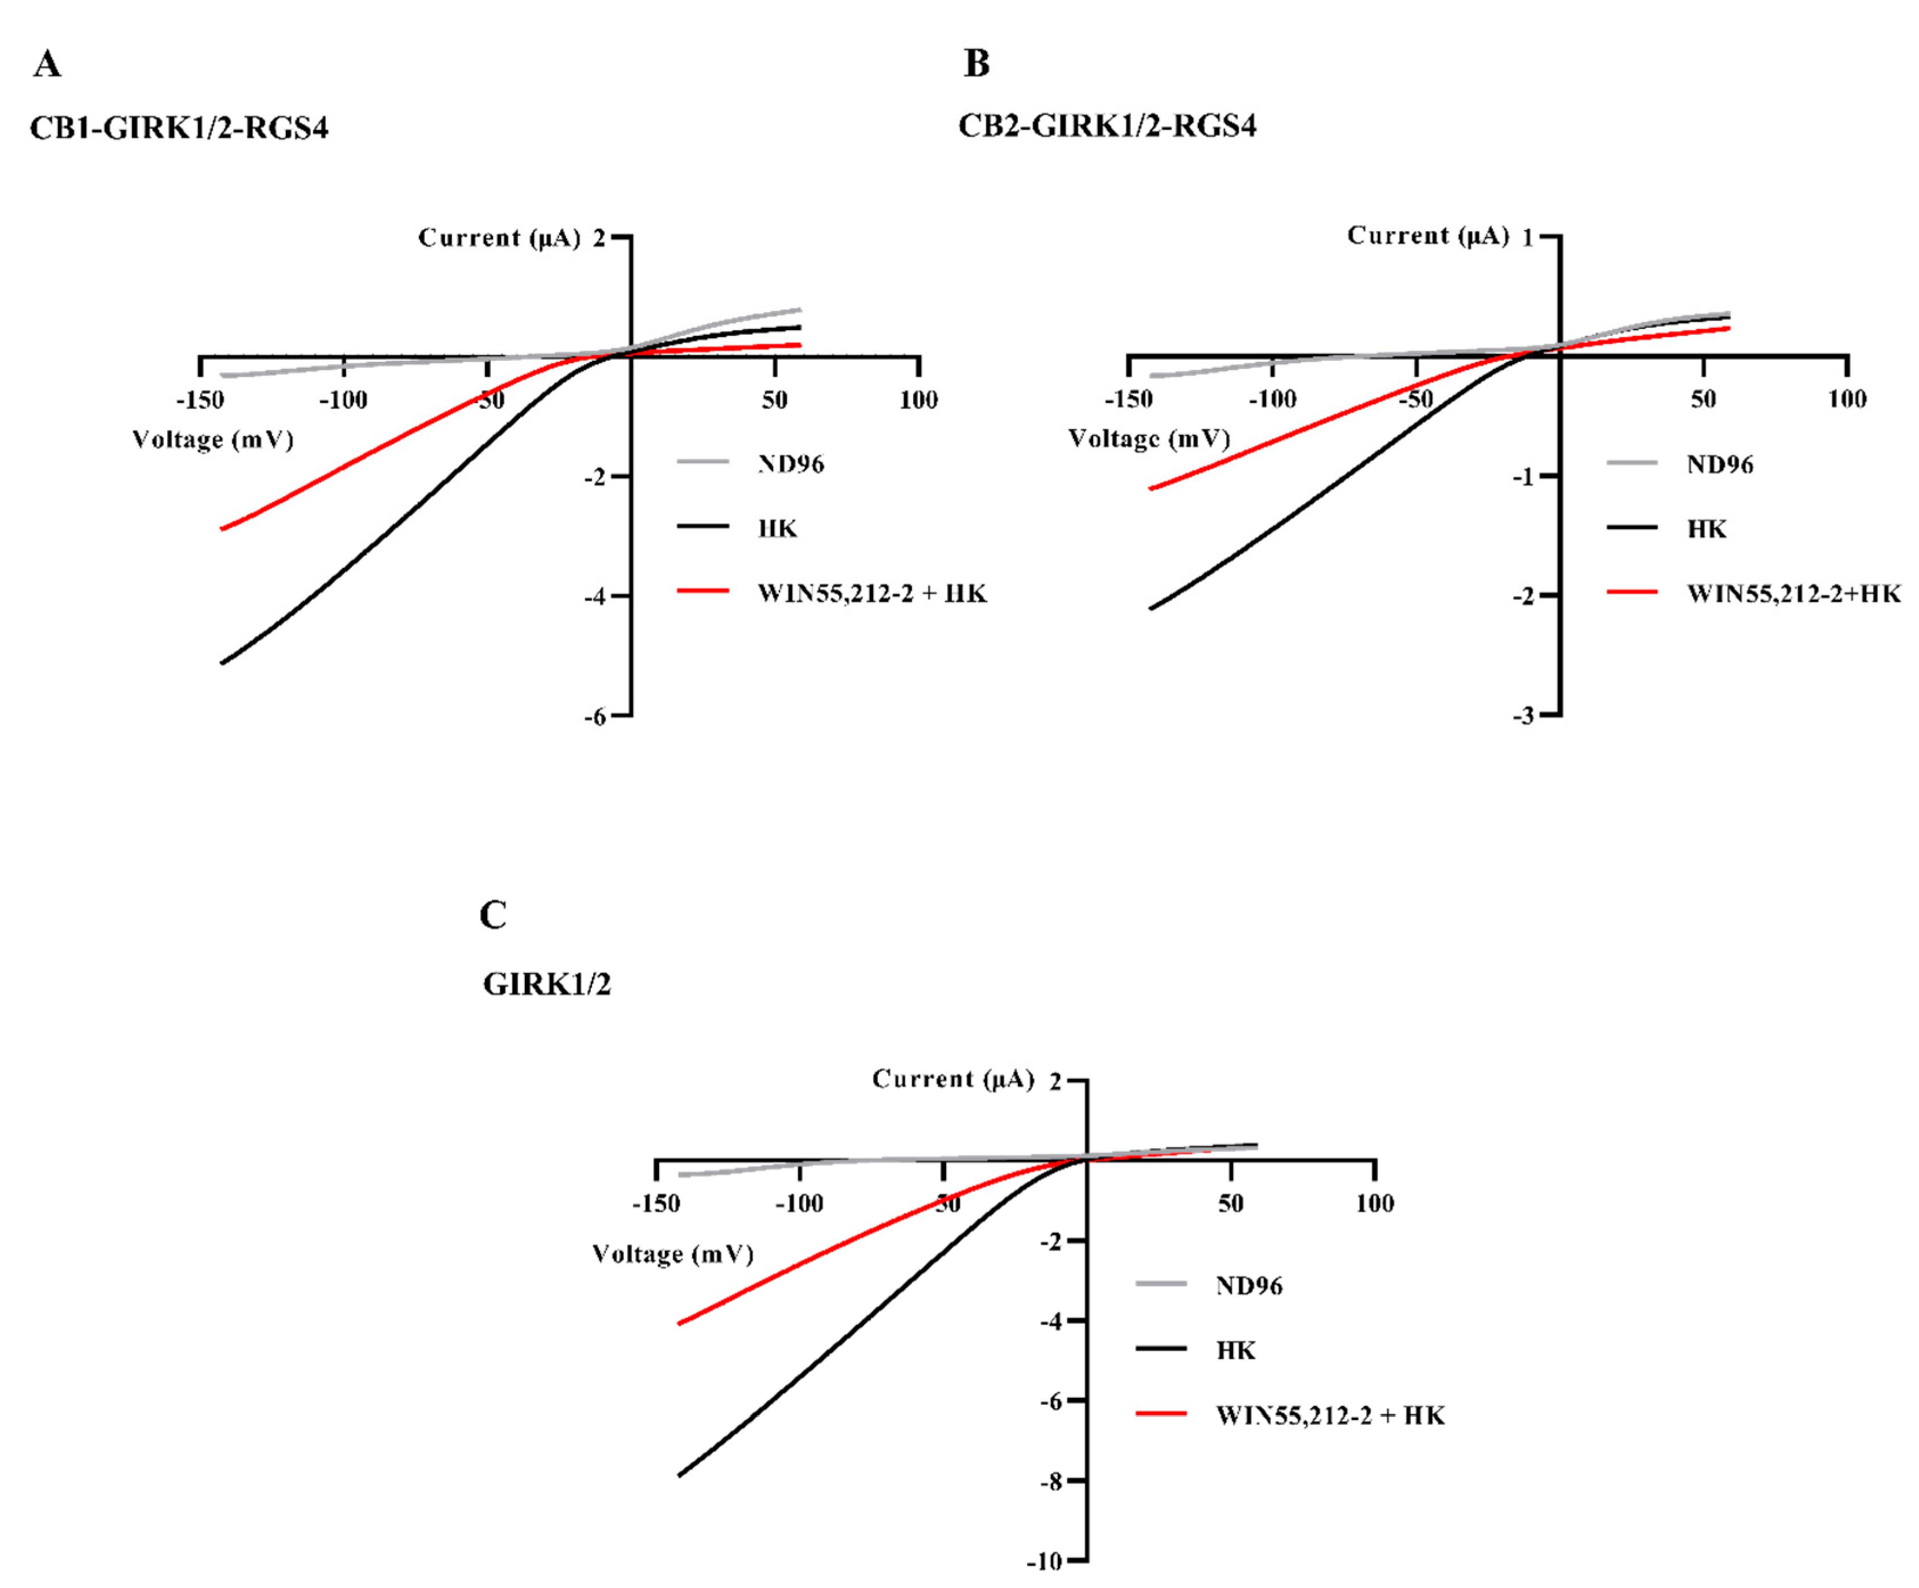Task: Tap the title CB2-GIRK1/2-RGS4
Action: [1107, 125]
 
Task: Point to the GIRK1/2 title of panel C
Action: [546, 984]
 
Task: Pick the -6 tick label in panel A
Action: [595, 717]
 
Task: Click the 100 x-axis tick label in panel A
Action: [918, 400]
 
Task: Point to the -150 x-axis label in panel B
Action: [1128, 400]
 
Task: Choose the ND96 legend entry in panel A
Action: [791, 464]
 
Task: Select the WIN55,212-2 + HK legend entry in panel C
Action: [1330, 1416]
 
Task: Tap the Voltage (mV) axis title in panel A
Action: [213, 441]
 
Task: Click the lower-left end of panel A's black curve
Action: [222, 663]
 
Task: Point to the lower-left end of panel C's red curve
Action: [679, 1323]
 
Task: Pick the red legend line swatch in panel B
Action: [1632, 592]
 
